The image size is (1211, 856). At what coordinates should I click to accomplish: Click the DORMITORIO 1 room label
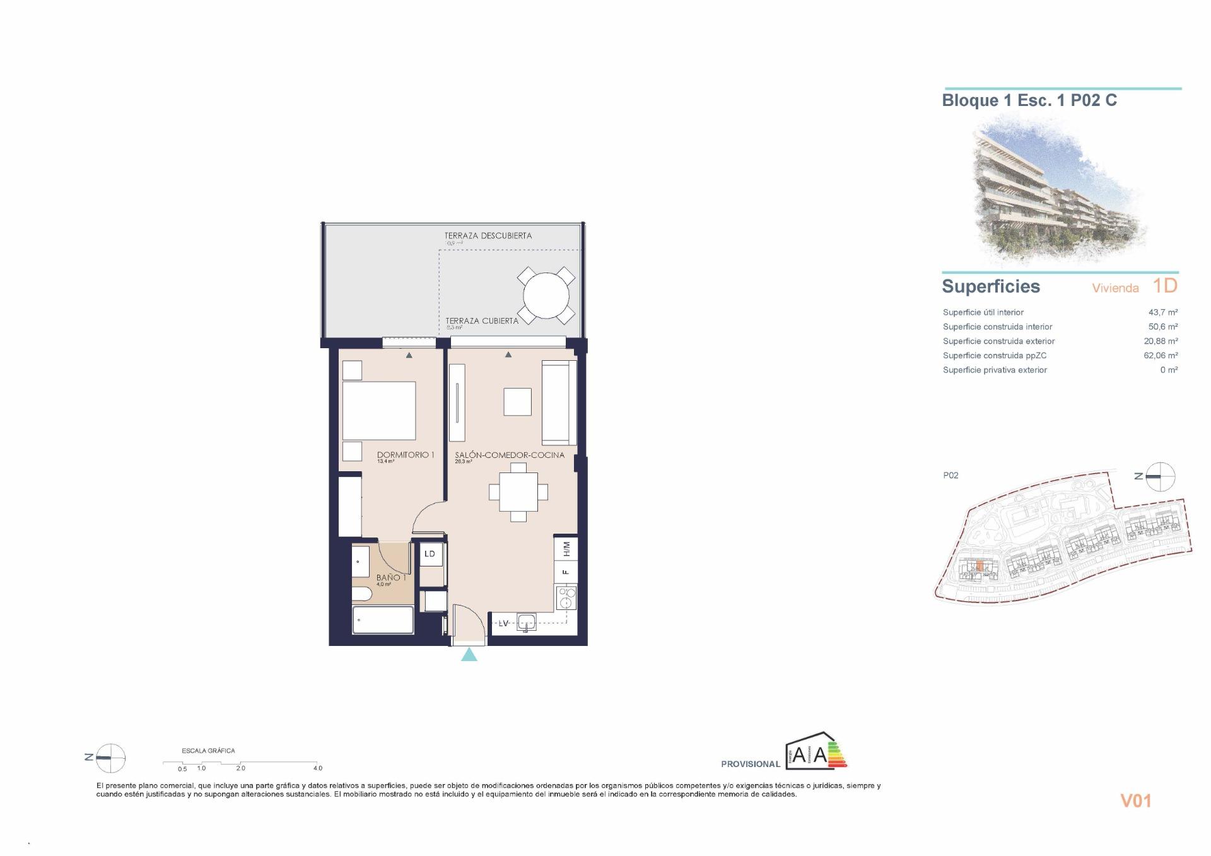click(405, 455)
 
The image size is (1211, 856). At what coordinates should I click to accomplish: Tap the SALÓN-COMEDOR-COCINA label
click(510, 455)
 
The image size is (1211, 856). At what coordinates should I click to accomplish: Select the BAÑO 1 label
click(391, 577)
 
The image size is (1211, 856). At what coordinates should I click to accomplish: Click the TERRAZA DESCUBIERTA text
click(488, 236)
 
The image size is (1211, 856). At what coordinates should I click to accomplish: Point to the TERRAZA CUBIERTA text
click(482, 321)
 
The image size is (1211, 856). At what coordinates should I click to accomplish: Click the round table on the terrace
click(546, 295)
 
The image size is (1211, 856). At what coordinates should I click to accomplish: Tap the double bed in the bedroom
click(378, 411)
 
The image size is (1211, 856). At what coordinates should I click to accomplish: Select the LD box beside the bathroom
click(430, 554)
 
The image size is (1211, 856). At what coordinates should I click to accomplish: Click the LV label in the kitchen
click(503, 624)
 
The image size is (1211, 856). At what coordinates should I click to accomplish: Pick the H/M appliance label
click(566, 549)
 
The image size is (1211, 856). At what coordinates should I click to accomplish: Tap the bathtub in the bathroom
click(383, 620)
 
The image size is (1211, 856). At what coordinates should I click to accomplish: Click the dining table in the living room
click(518, 492)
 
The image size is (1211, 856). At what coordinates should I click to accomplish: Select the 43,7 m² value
click(1162, 312)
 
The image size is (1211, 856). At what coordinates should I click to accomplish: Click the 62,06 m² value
click(1161, 356)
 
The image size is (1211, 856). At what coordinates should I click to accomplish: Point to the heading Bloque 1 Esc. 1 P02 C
click(1029, 101)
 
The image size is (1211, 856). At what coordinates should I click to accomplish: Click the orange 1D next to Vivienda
click(1165, 286)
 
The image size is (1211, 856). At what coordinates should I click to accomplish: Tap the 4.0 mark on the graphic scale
click(317, 768)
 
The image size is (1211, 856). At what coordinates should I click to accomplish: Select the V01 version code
click(1135, 800)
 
